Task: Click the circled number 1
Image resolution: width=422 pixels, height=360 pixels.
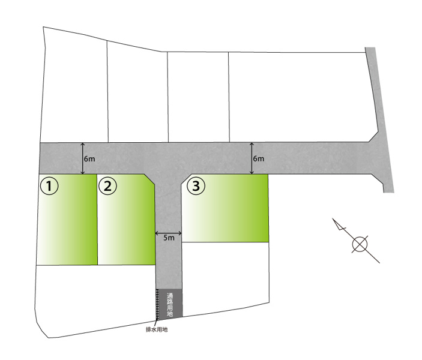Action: tap(49, 186)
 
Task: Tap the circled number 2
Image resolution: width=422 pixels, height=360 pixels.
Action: tap(107, 186)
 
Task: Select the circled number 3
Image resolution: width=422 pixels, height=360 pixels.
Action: tap(196, 185)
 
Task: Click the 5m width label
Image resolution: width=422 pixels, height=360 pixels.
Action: tap(169, 238)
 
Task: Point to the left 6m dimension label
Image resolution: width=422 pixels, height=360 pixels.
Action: tap(89, 159)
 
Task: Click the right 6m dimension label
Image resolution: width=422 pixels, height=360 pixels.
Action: tap(258, 159)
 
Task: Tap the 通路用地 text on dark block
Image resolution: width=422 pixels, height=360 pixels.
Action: tap(170, 304)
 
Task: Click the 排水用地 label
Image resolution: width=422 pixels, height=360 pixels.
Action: tap(157, 329)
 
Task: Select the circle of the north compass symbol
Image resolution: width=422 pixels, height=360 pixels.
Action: tap(360, 244)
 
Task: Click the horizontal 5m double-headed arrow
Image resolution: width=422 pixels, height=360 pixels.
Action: tap(169, 233)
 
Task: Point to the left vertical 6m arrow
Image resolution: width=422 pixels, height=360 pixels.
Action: tap(83, 158)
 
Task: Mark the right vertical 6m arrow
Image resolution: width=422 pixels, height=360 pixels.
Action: tap(252, 158)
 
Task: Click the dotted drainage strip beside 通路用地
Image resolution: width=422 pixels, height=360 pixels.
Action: tap(157, 304)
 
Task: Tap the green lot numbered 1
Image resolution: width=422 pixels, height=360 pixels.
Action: tap(67, 220)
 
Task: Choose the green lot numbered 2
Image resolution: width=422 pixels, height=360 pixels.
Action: tap(126, 220)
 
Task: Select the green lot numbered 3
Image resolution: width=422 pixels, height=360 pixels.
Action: tap(225, 208)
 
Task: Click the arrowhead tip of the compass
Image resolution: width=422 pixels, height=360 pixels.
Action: tap(333, 218)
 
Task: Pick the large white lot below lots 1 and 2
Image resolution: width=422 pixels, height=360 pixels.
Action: tap(94, 299)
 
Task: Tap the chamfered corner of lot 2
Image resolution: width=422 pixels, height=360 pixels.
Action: tap(149, 179)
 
